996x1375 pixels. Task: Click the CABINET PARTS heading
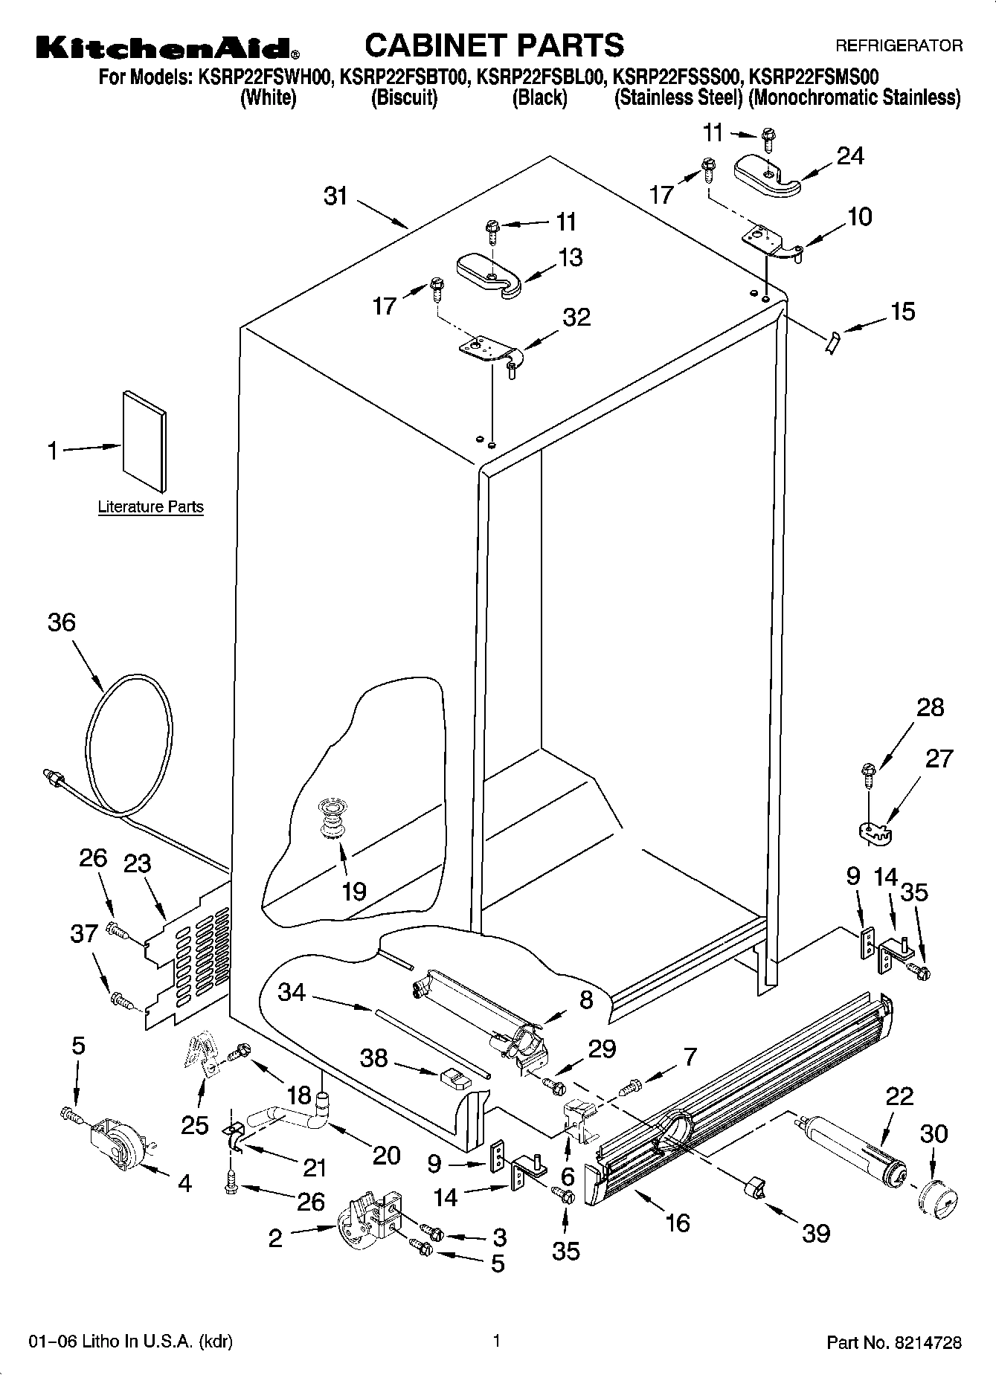[x=495, y=45]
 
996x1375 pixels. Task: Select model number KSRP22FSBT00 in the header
[x=403, y=77]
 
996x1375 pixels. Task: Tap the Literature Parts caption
[x=150, y=507]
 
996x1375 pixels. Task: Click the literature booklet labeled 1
[x=145, y=441]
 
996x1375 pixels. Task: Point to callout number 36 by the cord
[x=62, y=622]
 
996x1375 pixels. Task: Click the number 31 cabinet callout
[x=336, y=196]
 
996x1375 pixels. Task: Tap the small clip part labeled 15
[x=832, y=343]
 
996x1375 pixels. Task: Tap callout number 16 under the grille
[x=678, y=1222]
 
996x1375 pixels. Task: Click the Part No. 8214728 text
[x=894, y=1343]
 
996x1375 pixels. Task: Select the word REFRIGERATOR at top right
[x=899, y=46]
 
